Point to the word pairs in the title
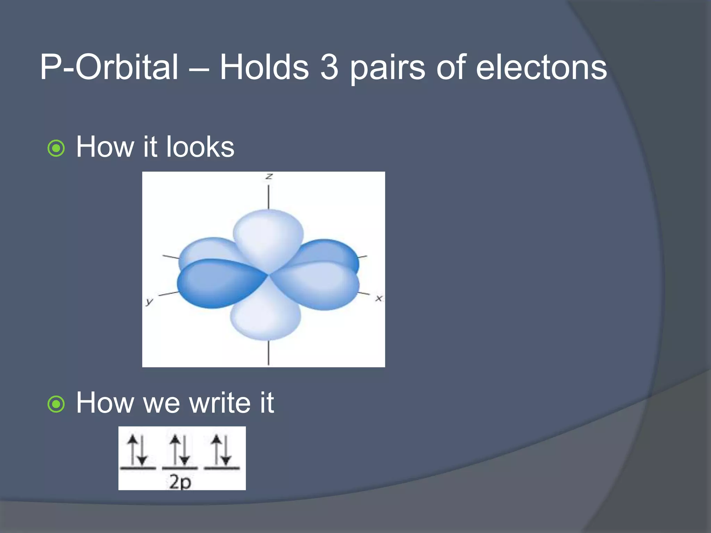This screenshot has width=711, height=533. click(387, 69)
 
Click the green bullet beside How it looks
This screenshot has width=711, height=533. click(56, 149)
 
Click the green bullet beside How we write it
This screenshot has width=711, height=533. click(56, 404)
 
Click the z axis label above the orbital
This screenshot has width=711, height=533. click(269, 177)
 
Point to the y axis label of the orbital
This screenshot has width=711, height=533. click(149, 301)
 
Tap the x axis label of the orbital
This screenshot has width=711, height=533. click(379, 298)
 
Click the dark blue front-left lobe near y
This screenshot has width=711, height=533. click(215, 283)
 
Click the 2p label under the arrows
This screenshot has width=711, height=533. click(180, 482)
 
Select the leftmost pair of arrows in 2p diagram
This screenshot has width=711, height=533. click(137, 450)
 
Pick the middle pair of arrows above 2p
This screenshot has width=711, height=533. click(180, 450)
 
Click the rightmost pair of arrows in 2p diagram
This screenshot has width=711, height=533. click(221, 450)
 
